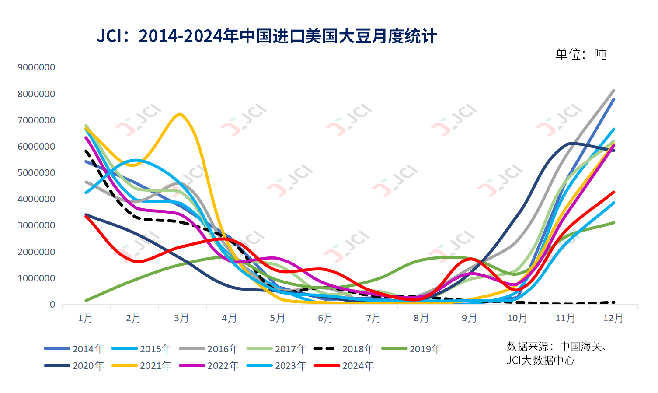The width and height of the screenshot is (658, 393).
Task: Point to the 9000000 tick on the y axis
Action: pos(36,67)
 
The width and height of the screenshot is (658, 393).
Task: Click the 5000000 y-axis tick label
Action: pos(36,173)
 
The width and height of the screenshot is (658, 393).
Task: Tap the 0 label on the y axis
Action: pos(52,305)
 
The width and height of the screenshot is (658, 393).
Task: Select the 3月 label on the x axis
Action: pos(181,318)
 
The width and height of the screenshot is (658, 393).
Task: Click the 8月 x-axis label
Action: pos(421,318)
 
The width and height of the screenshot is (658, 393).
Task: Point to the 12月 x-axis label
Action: pos(613,318)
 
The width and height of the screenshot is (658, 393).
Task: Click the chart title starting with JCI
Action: pos(267,36)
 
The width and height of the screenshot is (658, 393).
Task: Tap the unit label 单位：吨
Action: pos(581,54)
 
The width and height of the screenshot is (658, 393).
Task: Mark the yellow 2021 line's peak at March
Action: pos(180,114)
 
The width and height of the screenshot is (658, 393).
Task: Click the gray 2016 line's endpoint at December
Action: pos(614,91)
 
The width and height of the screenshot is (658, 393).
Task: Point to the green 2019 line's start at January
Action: pos(86,301)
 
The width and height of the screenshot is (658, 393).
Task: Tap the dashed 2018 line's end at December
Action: pos(614,302)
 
